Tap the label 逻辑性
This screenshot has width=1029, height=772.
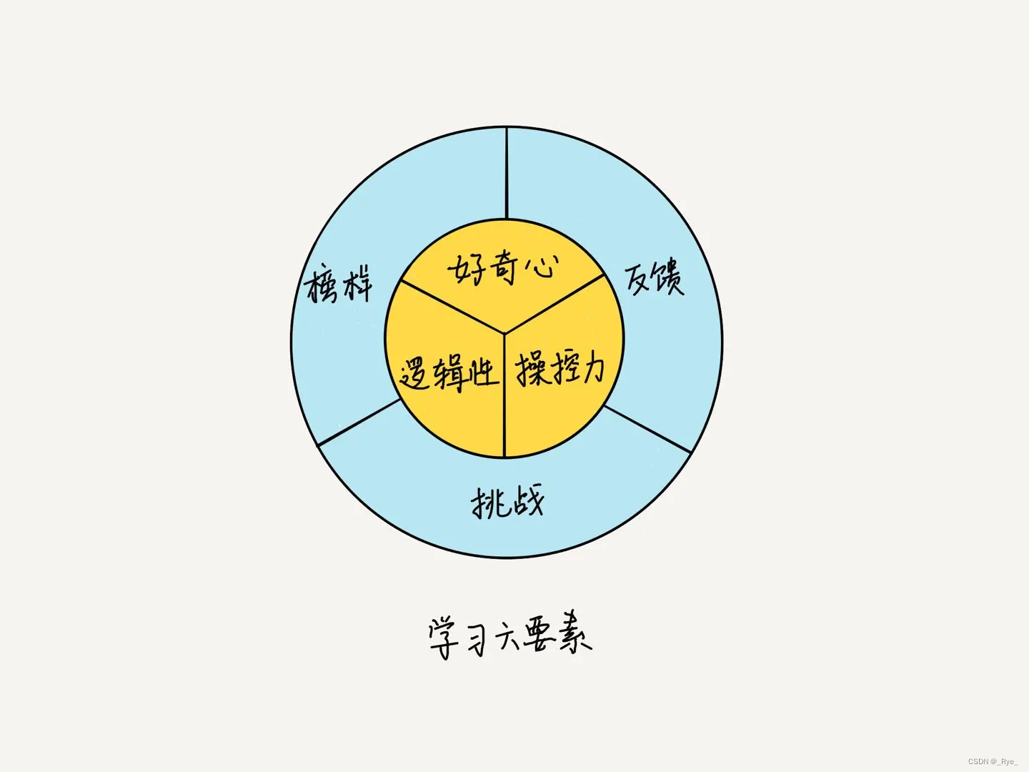tap(448, 372)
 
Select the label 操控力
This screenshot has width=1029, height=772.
tap(560, 369)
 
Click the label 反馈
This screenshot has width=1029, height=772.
tap(655, 278)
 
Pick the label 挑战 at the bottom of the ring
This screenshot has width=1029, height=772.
tap(507, 501)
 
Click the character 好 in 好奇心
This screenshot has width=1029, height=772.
tap(467, 270)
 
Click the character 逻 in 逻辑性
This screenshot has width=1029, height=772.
tap(416, 374)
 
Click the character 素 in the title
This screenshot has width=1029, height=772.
tap(572, 632)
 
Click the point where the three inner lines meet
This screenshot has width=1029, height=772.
tap(504, 332)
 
